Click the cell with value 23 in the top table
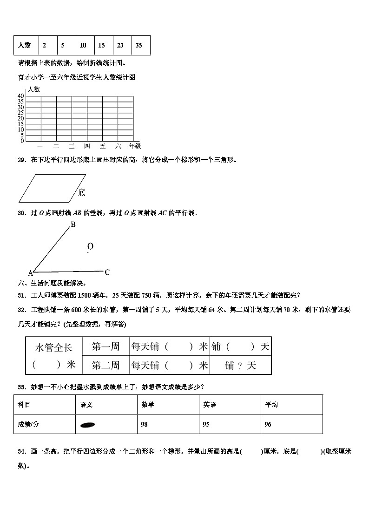click(x=120, y=45)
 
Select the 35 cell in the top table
click(x=139, y=45)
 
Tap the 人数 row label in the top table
click(x=25, y=45)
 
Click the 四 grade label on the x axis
click(x=87, y=146)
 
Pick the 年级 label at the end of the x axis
click(x=135, y=146)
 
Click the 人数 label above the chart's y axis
click(x=33, y=89)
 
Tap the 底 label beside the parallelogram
click(x=82, y=192)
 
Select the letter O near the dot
click(x=90, y=246)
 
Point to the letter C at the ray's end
click(x=107, y=272)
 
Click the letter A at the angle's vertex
click(x=31, y=273)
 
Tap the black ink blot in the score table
click(x=88, y=424)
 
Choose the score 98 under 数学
click(x=145, y=424)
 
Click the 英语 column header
click(x=210, y=405)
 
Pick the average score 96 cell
click(x=268, y=424)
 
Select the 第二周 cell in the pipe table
click(x=105, y=365)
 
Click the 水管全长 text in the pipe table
click(x=54, y=347)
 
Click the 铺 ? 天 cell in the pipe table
click(x=240, y=365)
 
